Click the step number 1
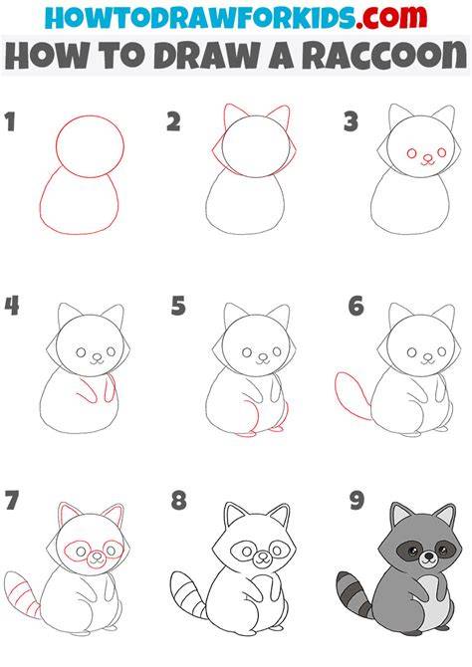pyautogui.click(x=10, y=121)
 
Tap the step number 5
pyautogui.click(x=178, y=306)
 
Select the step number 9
pyautogui.click(x=356, y=500)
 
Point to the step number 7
pyautogui.click(x=12, y=500)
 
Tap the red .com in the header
pyautogui.click(x=391, y=17)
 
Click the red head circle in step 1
pyautogui.click(x=90, y=115)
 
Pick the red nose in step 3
pyautogui.click(x=426, y=158)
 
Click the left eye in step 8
pyautogui.click(x=247, y=552)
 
